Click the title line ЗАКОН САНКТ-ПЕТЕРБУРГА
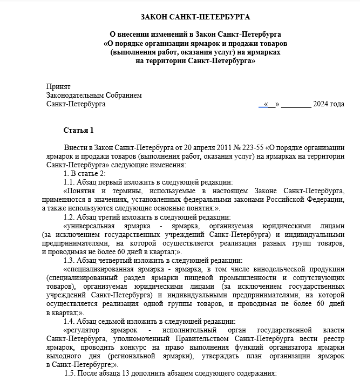coord(180,18)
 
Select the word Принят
coord(58,86)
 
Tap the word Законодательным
coord(73,95)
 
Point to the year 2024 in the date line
coord(321,104)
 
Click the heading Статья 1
coord(79,130)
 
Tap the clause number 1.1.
coord(71,182)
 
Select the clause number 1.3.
coord(71,260)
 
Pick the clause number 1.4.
coord(71,321)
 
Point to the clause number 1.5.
coord(72,373)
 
